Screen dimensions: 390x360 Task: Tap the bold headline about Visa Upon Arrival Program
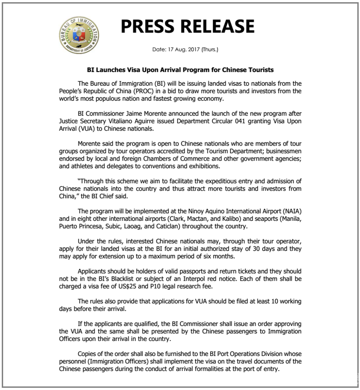180,70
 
